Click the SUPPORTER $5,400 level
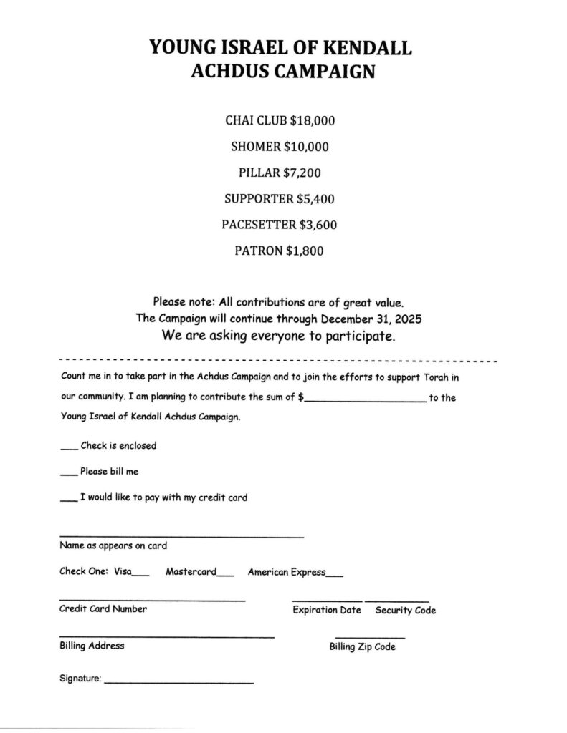(280, 198)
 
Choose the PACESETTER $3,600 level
(280, 224)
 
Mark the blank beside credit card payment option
(68, 500)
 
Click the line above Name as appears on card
(181, 537)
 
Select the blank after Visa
(141, 575)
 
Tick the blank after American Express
(334, 575)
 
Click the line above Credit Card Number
(152, 600)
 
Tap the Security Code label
(405, 611)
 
